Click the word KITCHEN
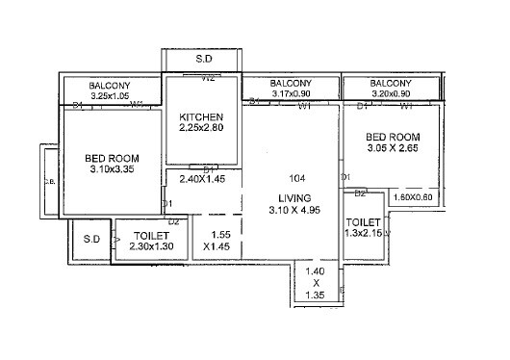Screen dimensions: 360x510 [x=201, y=116]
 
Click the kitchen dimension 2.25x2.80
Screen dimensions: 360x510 [x=201, y=127]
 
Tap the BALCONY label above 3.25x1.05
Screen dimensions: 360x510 [x=111, y=86]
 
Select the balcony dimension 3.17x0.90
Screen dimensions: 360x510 [x=291, y=94]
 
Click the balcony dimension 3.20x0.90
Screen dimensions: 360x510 [x=391, y=94]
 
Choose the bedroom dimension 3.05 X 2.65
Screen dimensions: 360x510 [x=395, y=149]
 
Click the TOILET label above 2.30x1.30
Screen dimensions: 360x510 [x=152, y=236]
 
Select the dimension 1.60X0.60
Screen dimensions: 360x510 [x=416, y=197]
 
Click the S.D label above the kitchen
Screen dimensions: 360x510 [x=204, y=60]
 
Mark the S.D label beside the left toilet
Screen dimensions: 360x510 [x=91, y=239]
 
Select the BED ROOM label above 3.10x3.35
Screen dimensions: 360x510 [x=113, y=158]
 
